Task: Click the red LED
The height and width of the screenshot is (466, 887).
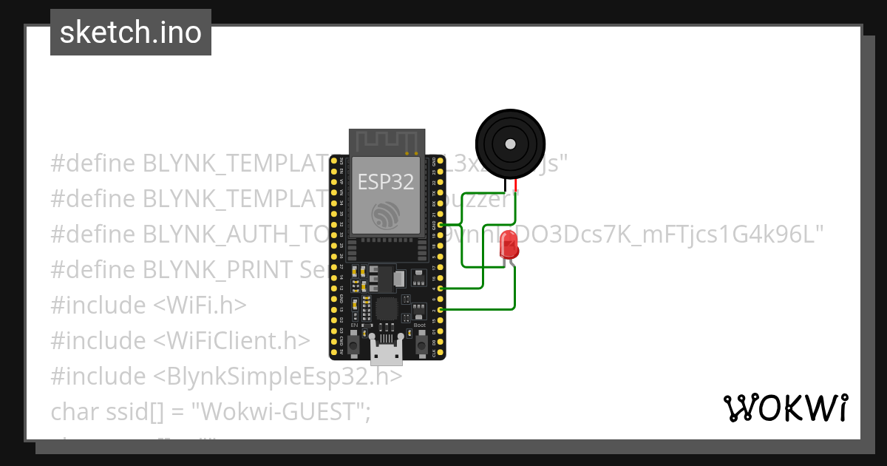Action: pos(509,245)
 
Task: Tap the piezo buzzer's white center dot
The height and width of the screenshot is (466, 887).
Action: pos(509,144)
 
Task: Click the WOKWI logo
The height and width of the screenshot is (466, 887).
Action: pos(785,408)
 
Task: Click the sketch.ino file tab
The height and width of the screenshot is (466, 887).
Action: pos(131,33)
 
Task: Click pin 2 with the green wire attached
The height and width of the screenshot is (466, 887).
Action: pos(441,309)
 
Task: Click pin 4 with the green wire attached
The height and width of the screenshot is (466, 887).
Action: pos(441,288)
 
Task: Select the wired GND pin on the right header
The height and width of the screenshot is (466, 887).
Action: pos(441,224)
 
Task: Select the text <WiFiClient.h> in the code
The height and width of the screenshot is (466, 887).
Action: pos(232,341)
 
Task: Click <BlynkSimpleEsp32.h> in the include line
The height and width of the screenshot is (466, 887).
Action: pos(278,376)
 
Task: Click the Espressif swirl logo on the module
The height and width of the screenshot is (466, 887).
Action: pos(387,215)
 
